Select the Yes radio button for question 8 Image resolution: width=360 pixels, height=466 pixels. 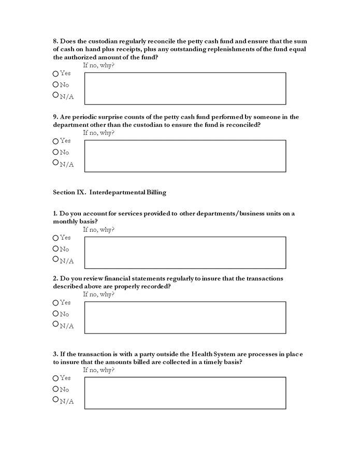[55, 74]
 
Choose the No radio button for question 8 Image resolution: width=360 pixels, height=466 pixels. [55, 84]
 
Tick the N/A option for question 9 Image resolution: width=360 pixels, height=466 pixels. [55, 163]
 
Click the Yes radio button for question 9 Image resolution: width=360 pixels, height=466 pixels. [55, 141]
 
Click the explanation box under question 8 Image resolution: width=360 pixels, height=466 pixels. [185, 89]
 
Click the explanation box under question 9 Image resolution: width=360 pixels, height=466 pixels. [185, 156]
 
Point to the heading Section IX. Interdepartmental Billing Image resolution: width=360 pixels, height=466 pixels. [109, 192]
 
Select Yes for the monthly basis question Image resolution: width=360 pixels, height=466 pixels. [55, 238]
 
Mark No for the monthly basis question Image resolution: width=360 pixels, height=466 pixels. [55, 249]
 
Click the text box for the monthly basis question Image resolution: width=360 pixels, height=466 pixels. [185, 253]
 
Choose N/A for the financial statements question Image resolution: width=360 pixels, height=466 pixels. [55, 324]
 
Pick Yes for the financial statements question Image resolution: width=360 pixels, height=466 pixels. [55, 302]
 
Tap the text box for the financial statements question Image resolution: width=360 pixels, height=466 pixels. [185, 317]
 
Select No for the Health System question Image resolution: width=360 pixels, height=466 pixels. [55, 389]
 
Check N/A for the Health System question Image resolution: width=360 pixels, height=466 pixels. [55, 400]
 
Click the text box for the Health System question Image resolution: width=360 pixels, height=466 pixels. [185, 393]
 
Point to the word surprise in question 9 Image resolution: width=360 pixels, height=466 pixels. [117, 117]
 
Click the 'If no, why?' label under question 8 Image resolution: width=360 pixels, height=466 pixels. [98, 65]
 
